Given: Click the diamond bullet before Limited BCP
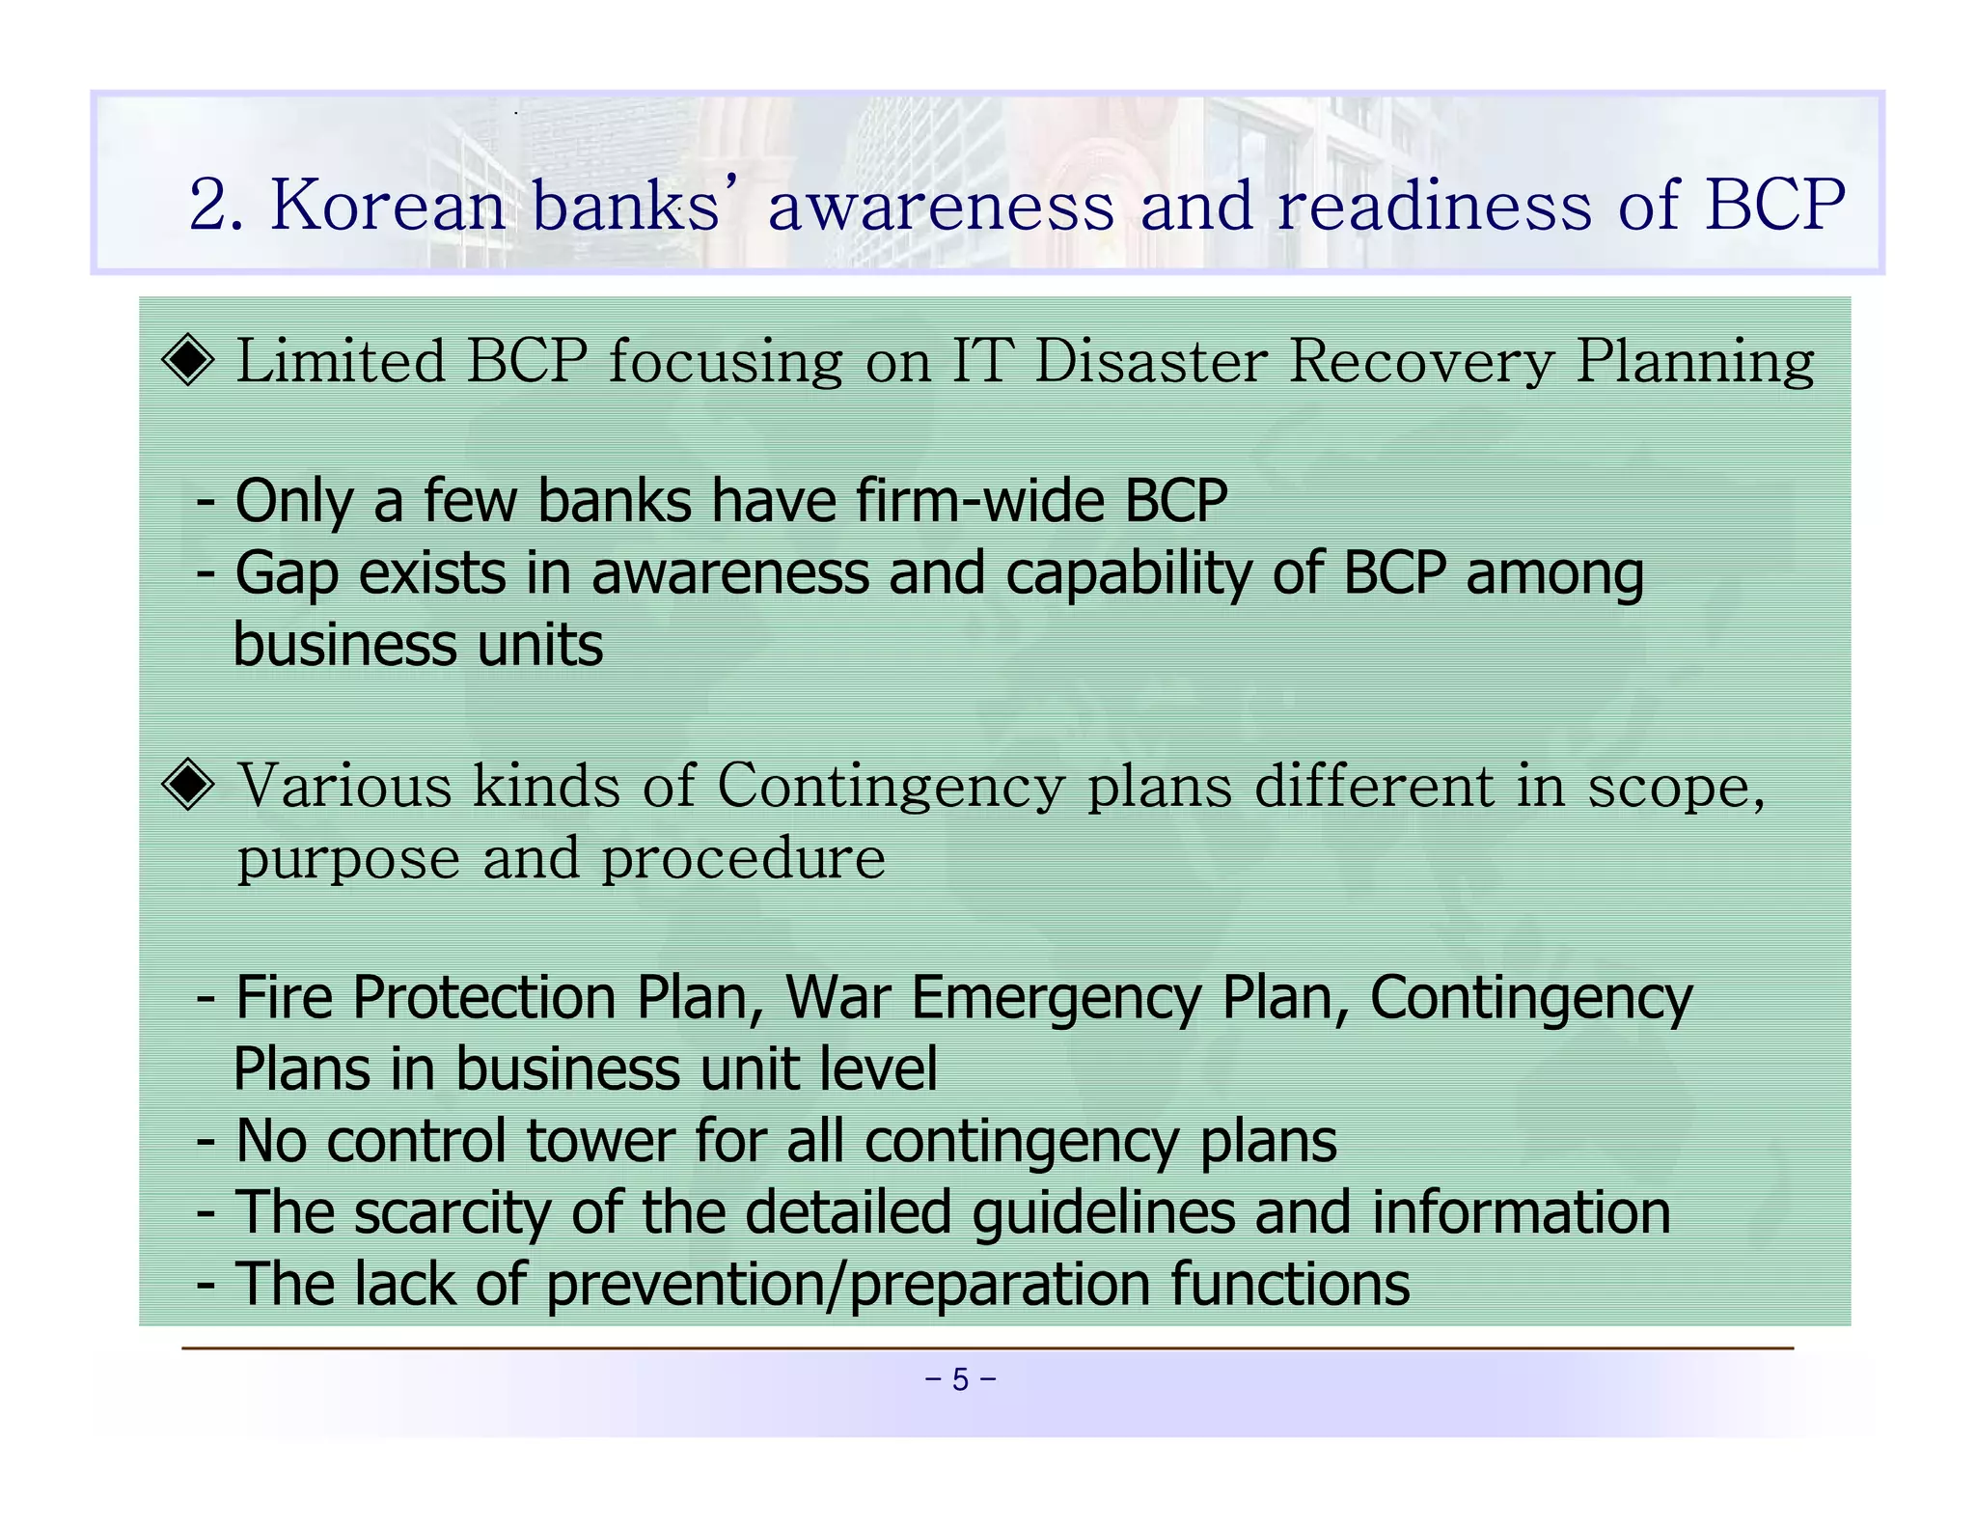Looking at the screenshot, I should click(x=188, y=360).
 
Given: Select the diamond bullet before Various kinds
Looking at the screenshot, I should click(x=188, y=784).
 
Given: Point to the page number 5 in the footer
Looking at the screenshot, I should click(x=960, y=1379).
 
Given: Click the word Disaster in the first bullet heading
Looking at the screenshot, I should click(x=1150, y=361).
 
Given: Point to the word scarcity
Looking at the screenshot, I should click(x=452, y=1213).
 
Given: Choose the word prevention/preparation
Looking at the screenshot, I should click(x=847, y=1285).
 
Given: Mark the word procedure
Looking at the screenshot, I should click(x=743, y=858).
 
